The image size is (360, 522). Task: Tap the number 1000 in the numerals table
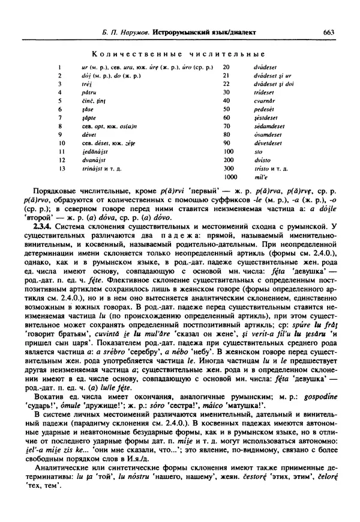tap(229, 178)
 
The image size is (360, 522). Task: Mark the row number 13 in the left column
tap(61, 169)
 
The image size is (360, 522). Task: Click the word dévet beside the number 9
tap(88, 136)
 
